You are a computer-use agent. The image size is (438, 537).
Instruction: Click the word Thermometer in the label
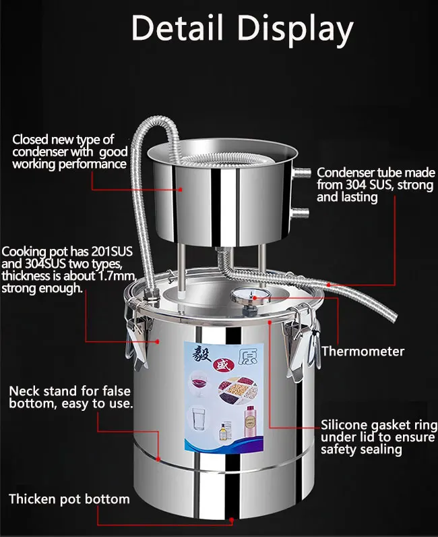tap(363, 351)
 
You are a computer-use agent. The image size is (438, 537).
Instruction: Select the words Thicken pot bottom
tap(69, 499)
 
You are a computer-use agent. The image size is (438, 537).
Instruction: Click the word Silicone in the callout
tap(342, 426)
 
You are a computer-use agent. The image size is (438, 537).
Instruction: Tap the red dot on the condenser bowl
tap(179, 190)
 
